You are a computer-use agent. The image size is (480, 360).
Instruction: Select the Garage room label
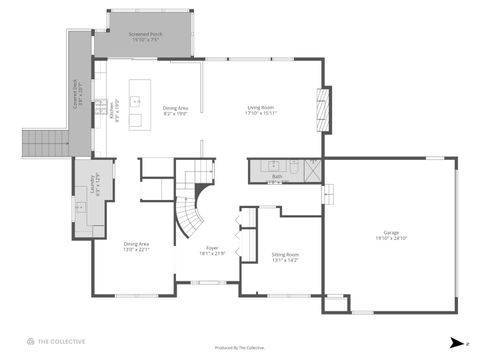click(391, 231)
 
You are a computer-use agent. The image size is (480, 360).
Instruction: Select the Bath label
click(276, 176)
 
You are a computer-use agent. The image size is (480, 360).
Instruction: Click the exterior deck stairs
click(42, 142)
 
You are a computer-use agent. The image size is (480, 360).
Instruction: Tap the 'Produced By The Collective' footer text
click(240, 347)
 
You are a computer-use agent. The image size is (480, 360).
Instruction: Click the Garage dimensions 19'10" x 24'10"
click(391, 238)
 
